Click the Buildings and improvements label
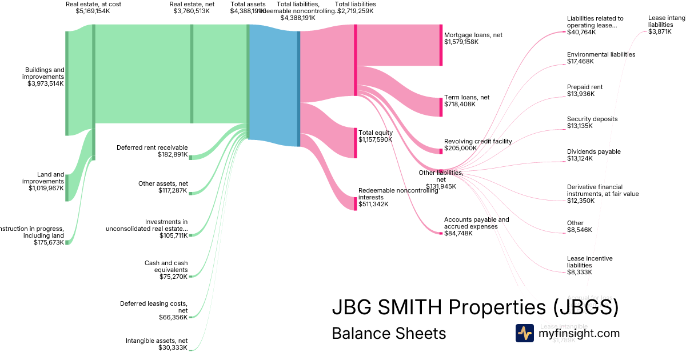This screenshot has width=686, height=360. point(43,73)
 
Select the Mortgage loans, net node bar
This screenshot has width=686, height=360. point(441,45)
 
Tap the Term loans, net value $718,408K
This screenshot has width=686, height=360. point(460,104)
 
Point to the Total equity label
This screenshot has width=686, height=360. point(376,133)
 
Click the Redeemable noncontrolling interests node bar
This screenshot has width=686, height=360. point(355,203)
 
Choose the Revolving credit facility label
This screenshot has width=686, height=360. point(478,141)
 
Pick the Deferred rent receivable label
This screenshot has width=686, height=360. point(152,147)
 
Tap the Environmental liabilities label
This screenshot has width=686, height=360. point(601,54)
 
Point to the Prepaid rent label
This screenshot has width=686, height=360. point(585,87)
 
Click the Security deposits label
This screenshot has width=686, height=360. point(592,119)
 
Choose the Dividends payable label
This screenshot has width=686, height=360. point(593,151)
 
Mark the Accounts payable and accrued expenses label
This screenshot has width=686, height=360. point(476,223)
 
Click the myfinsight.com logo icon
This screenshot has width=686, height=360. point(524,333)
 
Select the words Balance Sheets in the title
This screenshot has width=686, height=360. point(389,333)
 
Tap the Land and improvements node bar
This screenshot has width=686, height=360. point(67,188)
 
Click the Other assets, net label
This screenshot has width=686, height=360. point(163,183)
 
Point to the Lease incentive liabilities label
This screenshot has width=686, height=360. point(589,262)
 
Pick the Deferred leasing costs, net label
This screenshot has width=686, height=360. point(154,307)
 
